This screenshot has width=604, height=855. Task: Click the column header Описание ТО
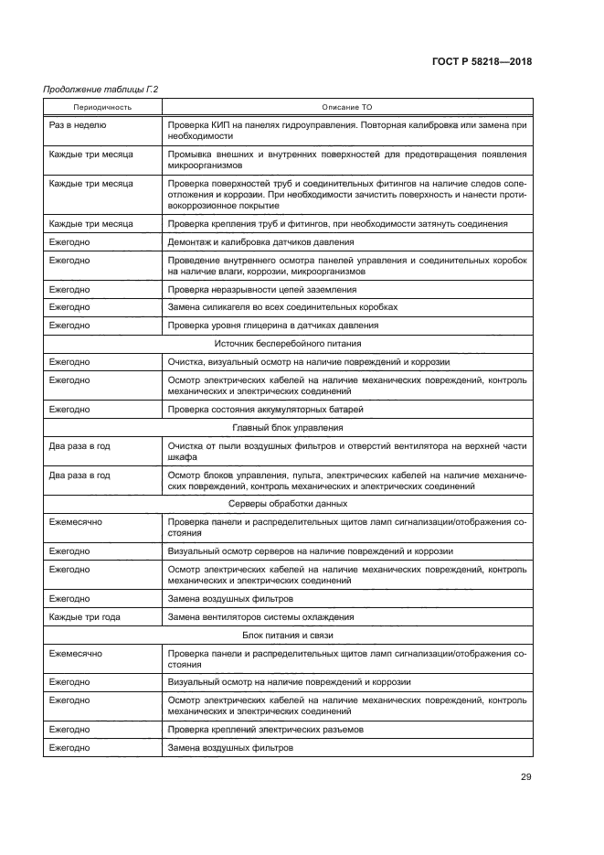point(346,107)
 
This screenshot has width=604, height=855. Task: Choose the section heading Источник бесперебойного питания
point(288,343)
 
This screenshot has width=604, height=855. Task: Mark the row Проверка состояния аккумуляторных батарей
point(265,408)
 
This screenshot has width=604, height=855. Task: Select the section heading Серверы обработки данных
point(288,503)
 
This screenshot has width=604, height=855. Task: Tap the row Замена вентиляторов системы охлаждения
point(261,616)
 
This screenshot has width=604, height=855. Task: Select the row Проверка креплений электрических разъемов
point(265,730)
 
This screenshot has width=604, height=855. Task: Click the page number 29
point(525,777)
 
